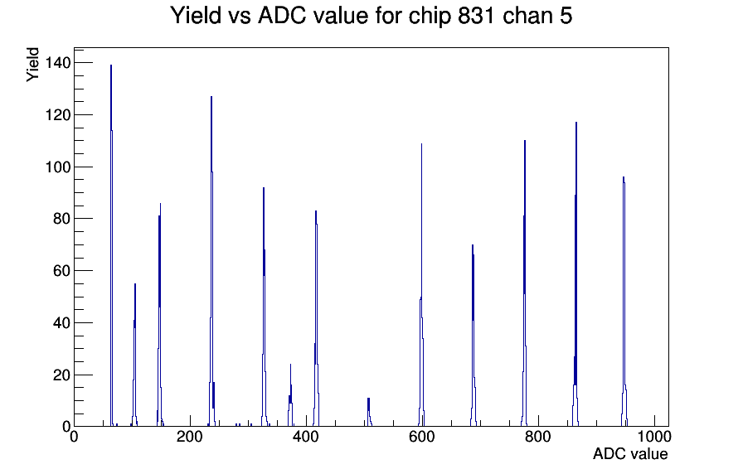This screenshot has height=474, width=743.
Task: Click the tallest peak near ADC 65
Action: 111,246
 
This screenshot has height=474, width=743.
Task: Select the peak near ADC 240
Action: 211,260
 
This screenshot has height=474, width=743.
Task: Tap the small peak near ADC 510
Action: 369,412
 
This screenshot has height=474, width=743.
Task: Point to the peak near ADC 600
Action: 421,284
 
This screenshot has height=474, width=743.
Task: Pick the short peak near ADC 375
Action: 290,395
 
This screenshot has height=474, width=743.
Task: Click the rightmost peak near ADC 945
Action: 624,303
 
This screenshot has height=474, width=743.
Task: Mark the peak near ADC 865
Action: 575,274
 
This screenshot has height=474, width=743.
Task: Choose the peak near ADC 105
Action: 135,355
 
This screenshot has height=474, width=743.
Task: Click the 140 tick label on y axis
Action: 58,62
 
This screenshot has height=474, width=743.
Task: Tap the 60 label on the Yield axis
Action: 61,271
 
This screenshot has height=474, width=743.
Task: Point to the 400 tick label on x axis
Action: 306,436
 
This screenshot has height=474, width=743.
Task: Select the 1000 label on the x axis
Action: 654,436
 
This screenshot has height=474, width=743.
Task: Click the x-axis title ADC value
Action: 630,453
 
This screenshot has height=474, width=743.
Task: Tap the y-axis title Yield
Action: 32,65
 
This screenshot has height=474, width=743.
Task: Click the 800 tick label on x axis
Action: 538,436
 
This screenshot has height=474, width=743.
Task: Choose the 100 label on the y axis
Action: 58,167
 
